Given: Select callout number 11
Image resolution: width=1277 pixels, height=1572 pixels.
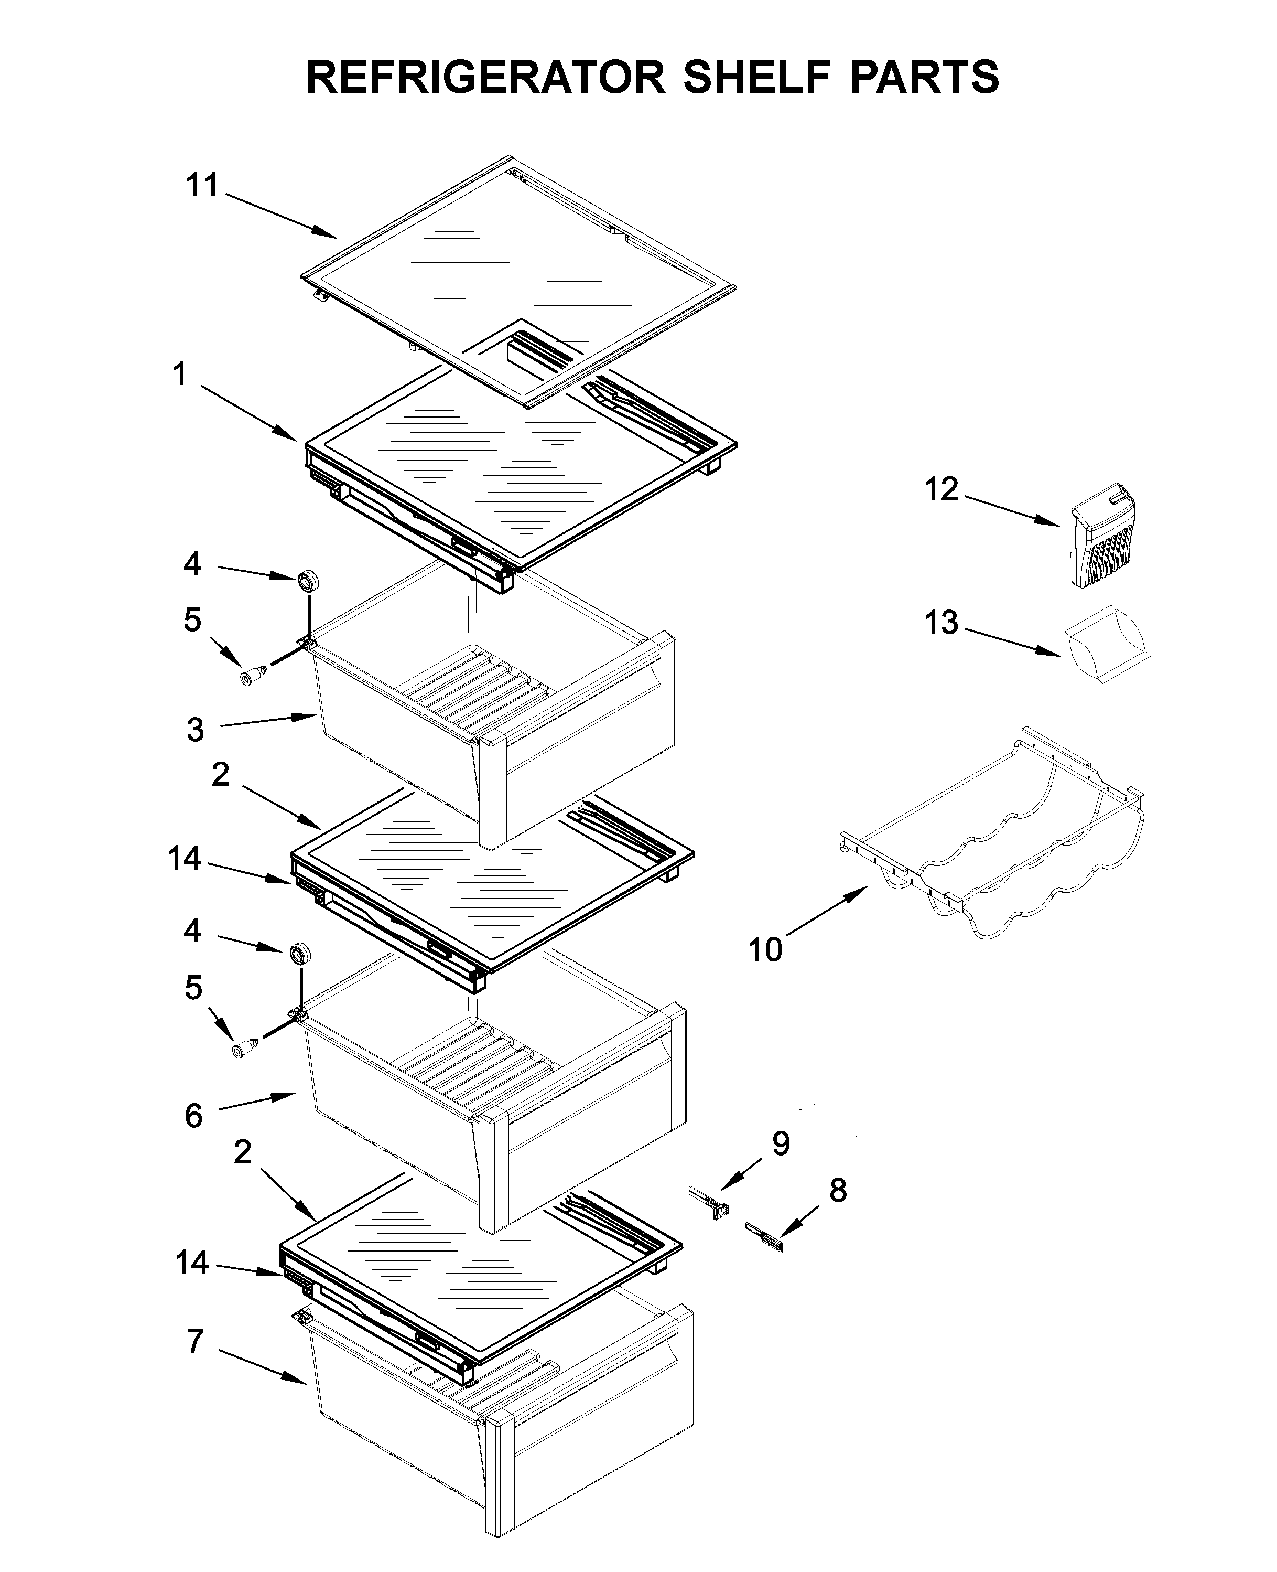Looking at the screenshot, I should [x=201, y=186].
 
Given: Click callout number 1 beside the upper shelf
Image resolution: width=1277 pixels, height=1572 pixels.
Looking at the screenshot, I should [x=179, y=374].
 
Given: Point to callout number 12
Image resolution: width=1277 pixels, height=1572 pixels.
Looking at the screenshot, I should [x=941, y=489].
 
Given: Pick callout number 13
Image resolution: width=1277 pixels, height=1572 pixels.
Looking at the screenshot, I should [x=941, y=623].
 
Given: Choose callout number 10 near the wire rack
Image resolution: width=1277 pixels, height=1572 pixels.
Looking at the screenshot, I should [x=765, y=949].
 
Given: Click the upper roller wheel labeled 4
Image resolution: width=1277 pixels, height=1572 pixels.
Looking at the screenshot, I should [x=307, y=581].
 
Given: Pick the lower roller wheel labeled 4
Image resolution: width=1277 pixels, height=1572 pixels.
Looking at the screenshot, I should [x=299, y=954].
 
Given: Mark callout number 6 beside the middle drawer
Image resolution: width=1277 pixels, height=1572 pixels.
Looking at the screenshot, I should [x=193, y=1116].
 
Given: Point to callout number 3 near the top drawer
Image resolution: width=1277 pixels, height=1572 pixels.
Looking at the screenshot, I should [x=195, y=730].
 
